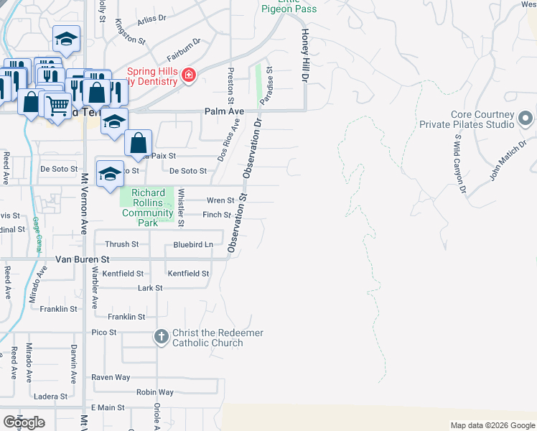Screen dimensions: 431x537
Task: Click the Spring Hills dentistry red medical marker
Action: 188,75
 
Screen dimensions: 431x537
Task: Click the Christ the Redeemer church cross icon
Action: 162,336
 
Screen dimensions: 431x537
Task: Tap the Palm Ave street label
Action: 224,112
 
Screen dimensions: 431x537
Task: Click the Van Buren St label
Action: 82,259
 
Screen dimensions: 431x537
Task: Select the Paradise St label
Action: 267,87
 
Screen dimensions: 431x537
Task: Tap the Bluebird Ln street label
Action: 193,245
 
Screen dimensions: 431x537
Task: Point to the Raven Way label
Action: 111,377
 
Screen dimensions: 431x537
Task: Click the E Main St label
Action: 108,408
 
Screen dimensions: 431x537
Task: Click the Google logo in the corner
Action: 24,422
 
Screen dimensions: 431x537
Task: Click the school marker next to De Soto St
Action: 110,175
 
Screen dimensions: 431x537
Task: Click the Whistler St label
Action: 182,207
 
